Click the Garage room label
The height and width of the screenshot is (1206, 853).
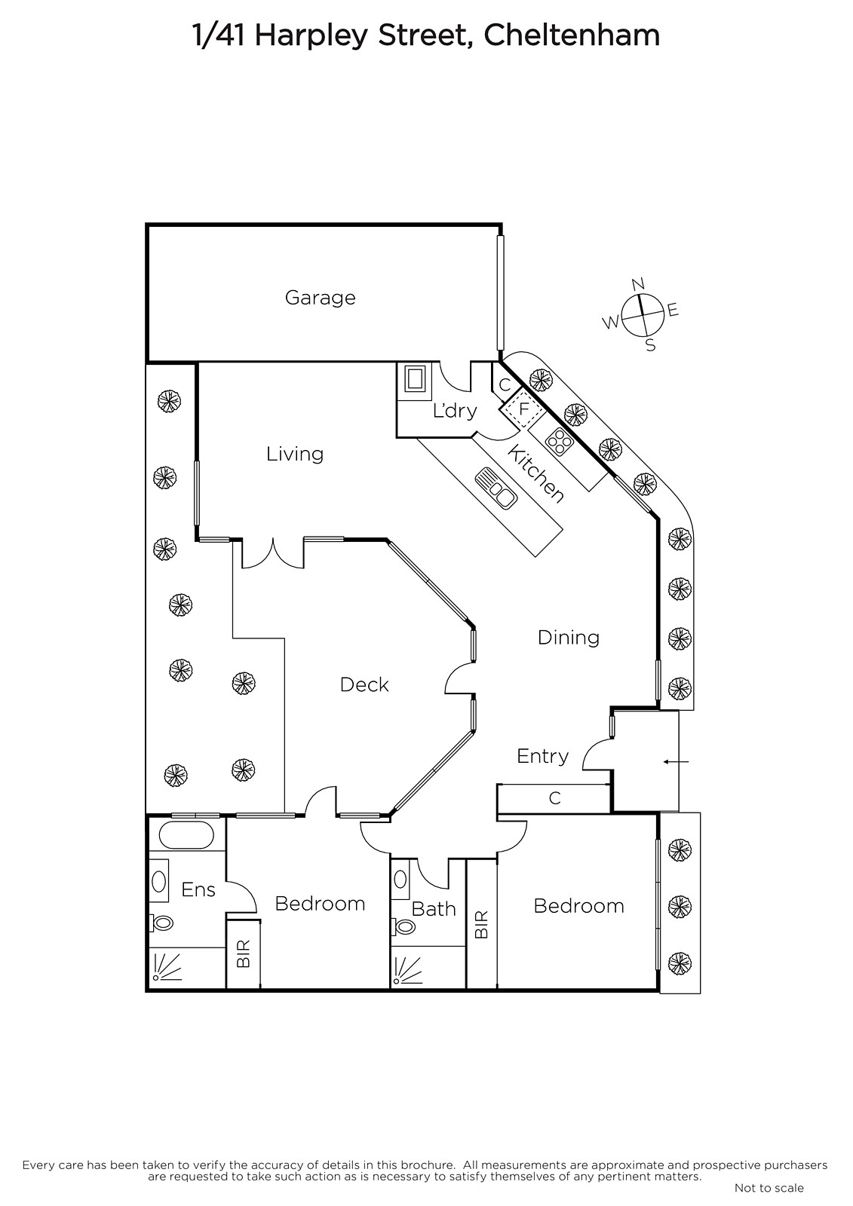(320, 298)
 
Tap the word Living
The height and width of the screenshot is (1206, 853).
(295, 454)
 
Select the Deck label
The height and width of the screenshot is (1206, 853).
(364, 685)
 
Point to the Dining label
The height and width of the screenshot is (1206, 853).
(569, 638)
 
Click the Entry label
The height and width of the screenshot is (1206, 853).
(542, 757)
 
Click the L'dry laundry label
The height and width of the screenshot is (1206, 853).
(455, 411)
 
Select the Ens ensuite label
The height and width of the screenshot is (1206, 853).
(198, 889)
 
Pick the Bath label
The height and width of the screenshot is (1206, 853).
(434, 909)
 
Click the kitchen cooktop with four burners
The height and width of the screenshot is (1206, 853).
(558, 441)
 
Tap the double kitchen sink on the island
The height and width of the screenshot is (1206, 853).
(496, 488)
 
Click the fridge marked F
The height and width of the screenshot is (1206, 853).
(523, 409)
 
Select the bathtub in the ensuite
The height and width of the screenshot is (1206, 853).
(186, 835)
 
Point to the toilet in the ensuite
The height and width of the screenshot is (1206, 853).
(161, 923)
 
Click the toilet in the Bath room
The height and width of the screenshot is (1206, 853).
(403, 926)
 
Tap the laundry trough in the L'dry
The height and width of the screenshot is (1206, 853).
(414, 379)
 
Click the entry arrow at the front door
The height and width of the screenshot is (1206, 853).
(676, 762)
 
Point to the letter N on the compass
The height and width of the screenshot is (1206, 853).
(638, 283)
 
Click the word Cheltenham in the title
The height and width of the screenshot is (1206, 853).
(572, 36)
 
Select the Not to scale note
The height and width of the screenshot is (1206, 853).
(769, 1187)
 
